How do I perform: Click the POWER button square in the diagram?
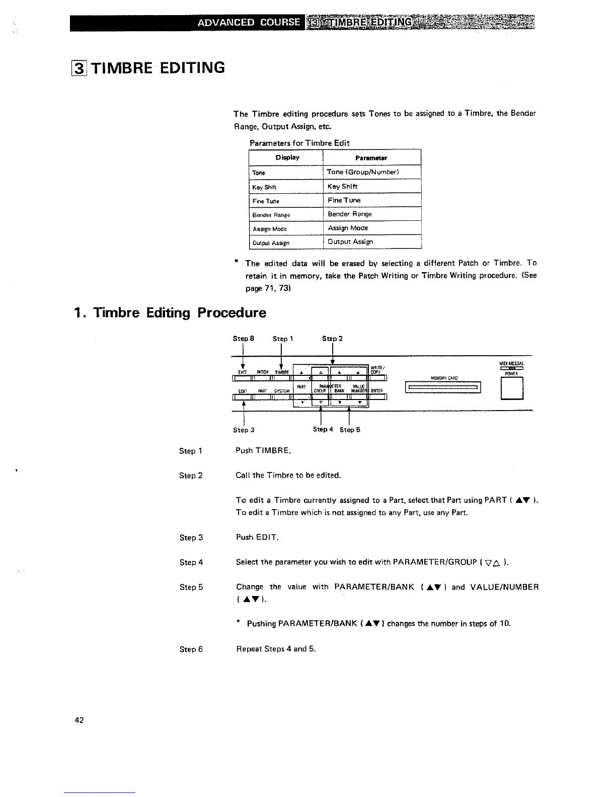pos(512,388)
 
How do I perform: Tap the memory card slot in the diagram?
pos(443,387)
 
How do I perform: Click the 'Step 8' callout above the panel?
pos(244,339)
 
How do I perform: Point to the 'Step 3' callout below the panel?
pos(244,430)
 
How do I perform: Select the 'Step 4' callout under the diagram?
pos(323,429)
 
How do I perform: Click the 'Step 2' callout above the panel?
pos(332,339)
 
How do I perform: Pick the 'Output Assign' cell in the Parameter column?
pos(350,242)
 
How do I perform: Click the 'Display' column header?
pos(287,157)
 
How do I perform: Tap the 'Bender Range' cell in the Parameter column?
pos(350,214)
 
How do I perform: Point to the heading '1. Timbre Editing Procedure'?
pos(170,312)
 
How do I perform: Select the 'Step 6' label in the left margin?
pos(191,649)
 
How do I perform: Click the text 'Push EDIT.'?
pos(257,537)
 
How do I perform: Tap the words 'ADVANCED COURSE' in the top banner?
pos(249,23)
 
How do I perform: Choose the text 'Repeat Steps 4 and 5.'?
pos(276,649)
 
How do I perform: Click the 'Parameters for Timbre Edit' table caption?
pos(299,143)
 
